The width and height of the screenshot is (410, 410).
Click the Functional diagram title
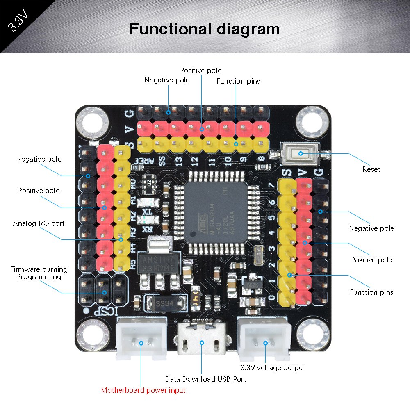tap(205, 29)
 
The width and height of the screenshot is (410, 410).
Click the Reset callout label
tap(371, 169)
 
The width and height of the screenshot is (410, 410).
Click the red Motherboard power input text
tap(143, 390)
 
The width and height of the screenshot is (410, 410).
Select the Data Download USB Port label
tap(205, 379)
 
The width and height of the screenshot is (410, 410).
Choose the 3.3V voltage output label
tap(273, 368)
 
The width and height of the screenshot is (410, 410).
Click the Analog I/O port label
tap(39, 223)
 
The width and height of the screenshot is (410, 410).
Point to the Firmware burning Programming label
tap(39, 273)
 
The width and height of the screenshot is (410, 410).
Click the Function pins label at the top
tap(238, 81)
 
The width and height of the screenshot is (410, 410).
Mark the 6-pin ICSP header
tap(102, 292)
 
